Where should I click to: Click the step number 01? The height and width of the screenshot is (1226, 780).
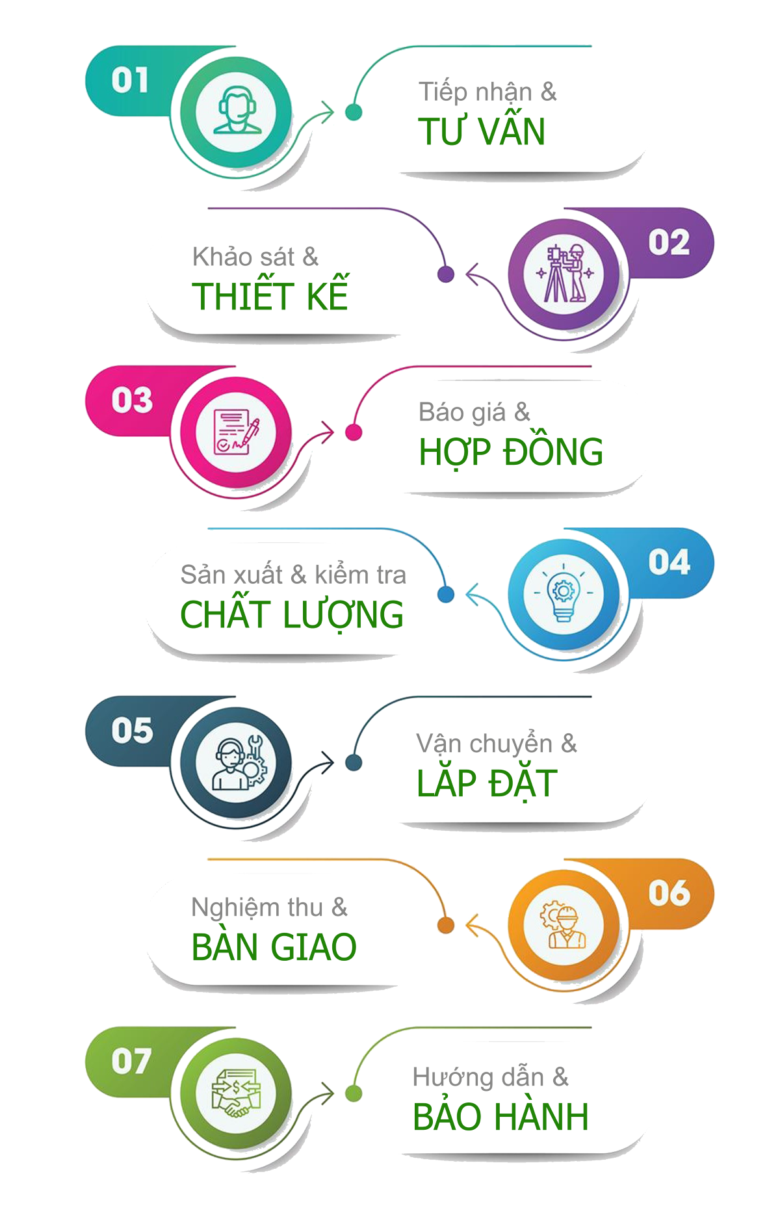point(130,81)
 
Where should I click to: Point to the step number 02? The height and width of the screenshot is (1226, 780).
point(668,242)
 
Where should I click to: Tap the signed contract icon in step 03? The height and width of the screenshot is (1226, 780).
point(236,432)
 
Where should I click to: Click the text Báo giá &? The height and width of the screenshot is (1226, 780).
point(474,412)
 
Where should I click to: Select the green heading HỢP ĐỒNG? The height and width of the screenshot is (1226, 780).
point(511,452)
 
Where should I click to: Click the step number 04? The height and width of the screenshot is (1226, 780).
point(668,562)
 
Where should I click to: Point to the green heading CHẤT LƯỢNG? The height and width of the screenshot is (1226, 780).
point(292,615)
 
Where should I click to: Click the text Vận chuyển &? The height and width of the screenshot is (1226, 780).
point(497,744)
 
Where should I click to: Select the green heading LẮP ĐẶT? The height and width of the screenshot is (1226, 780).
point(487,783)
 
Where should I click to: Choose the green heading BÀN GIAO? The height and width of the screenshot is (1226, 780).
point(274,946)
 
